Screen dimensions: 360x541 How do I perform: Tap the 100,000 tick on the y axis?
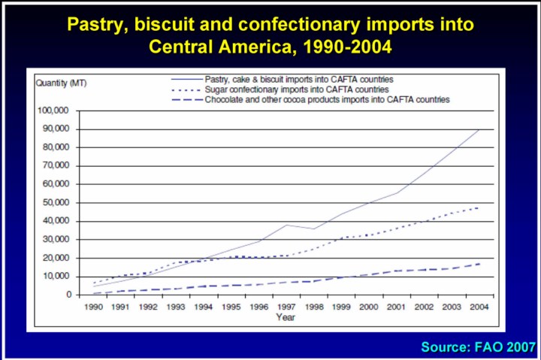tap(54, 110)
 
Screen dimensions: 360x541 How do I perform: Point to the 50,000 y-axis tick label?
tap(56, 203)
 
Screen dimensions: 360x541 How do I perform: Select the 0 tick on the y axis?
tap(68, 295)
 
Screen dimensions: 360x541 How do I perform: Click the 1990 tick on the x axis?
tap(94, 307)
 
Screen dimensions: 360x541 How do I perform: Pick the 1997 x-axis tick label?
tap(286, 307)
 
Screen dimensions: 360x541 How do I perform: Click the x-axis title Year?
tap(286, 317)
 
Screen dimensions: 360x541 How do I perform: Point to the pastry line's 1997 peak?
tap(286, 225)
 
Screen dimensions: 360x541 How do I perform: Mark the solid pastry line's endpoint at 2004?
tap(478, 130)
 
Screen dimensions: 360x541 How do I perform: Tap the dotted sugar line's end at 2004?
tap(478, 207)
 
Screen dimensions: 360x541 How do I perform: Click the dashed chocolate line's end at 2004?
tap(478, 264)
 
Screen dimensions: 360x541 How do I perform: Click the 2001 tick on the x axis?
tap(396, 307)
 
